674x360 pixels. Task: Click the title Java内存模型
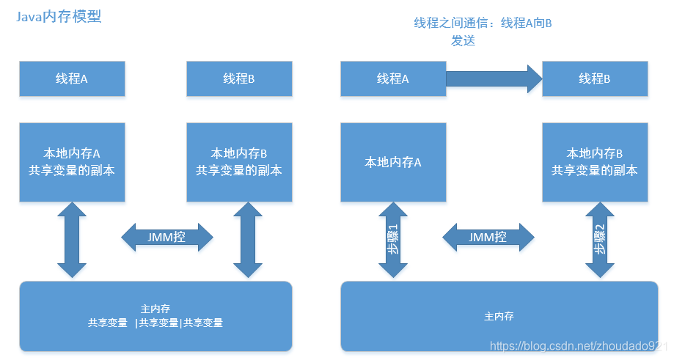click(59, 16)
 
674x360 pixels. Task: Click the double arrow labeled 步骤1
click(394, 240)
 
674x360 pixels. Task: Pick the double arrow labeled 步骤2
click(600, 240)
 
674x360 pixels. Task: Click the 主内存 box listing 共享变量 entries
click(155, 315)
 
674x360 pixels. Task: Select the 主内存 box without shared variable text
click(499, 316)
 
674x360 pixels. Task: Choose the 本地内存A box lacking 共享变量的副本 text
click(393, 162)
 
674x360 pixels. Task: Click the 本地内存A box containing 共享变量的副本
click(72, 162)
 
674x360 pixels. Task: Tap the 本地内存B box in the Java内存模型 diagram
click(239, 162)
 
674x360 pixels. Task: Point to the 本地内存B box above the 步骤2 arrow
click(595, 162)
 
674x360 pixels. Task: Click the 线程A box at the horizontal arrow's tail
click(393, 78)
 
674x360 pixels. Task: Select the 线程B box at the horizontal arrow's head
click(595, 78)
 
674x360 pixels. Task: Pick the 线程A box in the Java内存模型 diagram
click(72, 78)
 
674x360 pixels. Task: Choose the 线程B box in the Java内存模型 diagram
click(239, 78)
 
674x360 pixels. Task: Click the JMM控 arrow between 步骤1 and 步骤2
click(488, 237)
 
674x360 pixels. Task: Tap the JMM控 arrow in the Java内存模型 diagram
click(167, 237)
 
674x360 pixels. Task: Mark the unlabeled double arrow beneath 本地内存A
click(72, 240)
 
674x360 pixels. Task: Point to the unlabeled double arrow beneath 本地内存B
click(248, 240)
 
